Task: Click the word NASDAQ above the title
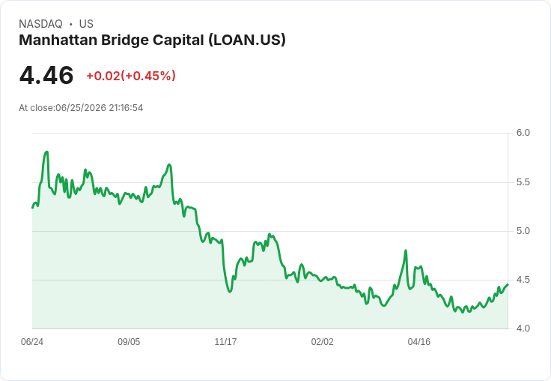pos(40,24)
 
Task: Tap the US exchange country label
pos(86,24)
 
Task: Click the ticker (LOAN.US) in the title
pos(247,40)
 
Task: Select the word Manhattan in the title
pos(58,40)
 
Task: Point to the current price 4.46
pos(46,75)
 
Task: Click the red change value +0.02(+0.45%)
pos(131,76)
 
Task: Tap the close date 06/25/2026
pos(81,108)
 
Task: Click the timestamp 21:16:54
pos(126,108)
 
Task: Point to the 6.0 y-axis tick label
pos(523,133)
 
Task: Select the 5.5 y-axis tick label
pos(523,182)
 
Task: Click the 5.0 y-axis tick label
pos(523,231)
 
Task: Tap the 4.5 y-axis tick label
pos(523,280)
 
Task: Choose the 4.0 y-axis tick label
pos(523,328)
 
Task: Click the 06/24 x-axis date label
pos(32,342)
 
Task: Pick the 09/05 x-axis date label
pos(129,342)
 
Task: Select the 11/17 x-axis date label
pos(225,342)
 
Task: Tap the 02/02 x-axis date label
pos(322,342)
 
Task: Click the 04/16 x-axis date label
pos(419,342)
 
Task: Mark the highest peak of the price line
pos(46,151)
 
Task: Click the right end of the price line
pos(508,284)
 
